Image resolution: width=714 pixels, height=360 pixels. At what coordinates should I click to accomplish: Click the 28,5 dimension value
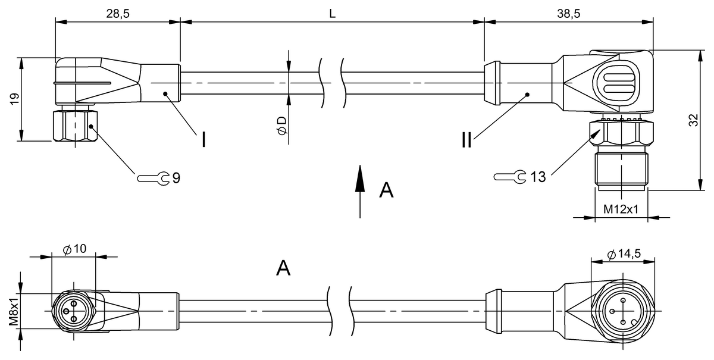click(118, 14)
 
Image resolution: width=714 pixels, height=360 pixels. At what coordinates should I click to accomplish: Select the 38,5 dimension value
click(569, 14)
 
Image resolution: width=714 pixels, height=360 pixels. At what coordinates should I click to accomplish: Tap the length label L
click(333, 14)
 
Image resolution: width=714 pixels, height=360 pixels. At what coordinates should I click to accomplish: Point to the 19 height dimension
click(14, 99)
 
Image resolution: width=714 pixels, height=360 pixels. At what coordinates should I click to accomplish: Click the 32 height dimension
click(693, 120)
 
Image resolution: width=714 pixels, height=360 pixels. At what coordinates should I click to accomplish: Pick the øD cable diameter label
click(282, 125)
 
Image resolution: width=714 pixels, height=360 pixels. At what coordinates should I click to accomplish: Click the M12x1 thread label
click(621, 209)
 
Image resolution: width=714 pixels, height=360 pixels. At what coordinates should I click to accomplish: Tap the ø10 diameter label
click(74, 249)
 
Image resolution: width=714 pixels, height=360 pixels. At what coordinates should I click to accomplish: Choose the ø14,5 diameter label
click(624, 254)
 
